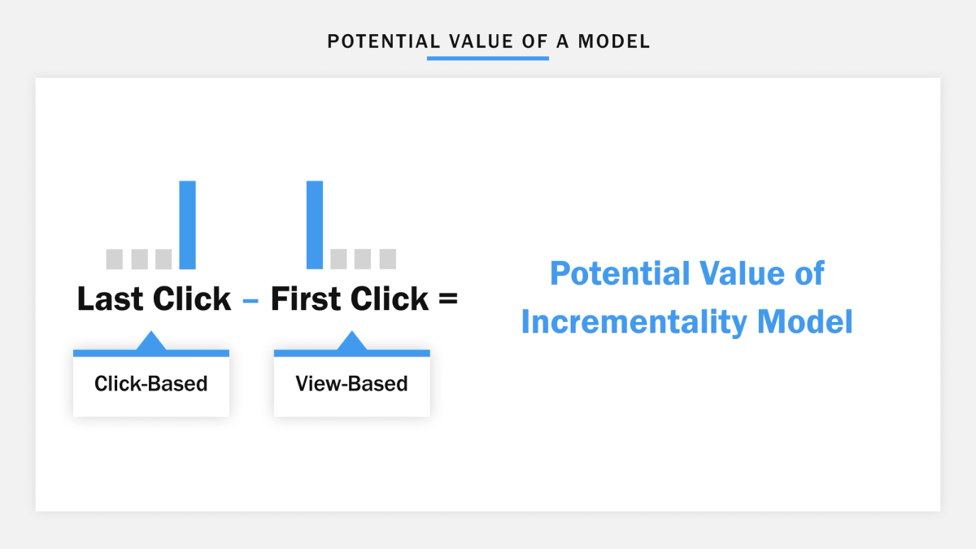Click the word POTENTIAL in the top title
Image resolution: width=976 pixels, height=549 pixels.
[x=377, y=41]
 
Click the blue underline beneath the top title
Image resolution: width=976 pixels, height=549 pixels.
[x=488, y=58]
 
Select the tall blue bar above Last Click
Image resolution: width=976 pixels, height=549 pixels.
[x=187, y=224]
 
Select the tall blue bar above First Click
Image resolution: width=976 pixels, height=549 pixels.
[x=315, y=224]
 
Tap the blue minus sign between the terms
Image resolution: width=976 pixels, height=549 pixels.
[x=251, y=301]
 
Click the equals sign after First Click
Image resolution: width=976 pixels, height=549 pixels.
[x=447, y=299]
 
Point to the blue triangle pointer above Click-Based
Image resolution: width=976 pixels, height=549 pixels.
[x=151, y=342]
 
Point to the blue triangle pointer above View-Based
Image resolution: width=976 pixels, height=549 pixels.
[x=351, y=342]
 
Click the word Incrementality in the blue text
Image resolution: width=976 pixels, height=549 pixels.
[x=633, y=323]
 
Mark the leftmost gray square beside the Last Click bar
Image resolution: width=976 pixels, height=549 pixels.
[x=115, y=259]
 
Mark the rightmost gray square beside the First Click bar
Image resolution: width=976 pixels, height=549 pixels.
[x=388, y=259]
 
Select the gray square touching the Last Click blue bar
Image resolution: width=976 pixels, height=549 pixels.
[x=163, y=259]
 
